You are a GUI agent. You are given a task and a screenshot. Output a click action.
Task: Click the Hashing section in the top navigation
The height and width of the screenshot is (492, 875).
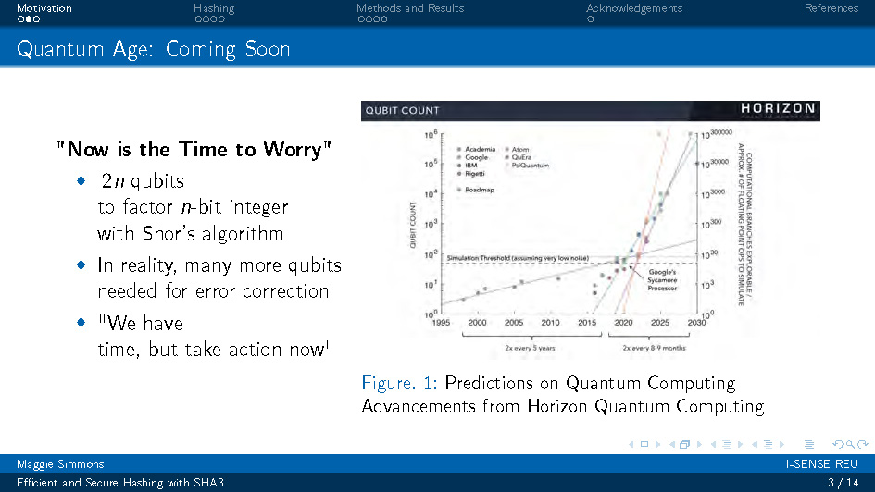[214, 8]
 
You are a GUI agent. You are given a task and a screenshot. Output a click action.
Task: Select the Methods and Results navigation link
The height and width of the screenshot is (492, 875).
[410, 8]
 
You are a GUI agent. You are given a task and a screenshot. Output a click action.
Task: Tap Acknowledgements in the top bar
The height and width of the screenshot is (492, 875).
[634, 8]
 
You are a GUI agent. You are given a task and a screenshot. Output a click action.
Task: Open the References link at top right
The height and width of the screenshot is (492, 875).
[831, 8]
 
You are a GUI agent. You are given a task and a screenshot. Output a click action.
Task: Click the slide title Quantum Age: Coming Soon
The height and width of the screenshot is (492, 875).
[154, 49]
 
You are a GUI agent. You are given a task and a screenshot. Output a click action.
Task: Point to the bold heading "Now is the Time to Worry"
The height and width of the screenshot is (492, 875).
[194, 149]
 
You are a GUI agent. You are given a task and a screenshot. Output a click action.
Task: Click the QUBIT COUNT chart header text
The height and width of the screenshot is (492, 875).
[403, 110]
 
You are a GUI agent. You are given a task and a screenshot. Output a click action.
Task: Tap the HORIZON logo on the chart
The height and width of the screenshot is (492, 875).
[777, 110]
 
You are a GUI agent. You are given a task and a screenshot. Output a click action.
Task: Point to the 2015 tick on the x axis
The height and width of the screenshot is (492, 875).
[586, 323]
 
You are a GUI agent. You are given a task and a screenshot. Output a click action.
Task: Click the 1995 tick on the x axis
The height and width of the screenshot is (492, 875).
[441, 323]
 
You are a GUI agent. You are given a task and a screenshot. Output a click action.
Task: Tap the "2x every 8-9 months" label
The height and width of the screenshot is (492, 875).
[654, 348]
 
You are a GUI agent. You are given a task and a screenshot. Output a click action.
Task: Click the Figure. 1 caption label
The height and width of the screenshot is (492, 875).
[400, 383]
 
